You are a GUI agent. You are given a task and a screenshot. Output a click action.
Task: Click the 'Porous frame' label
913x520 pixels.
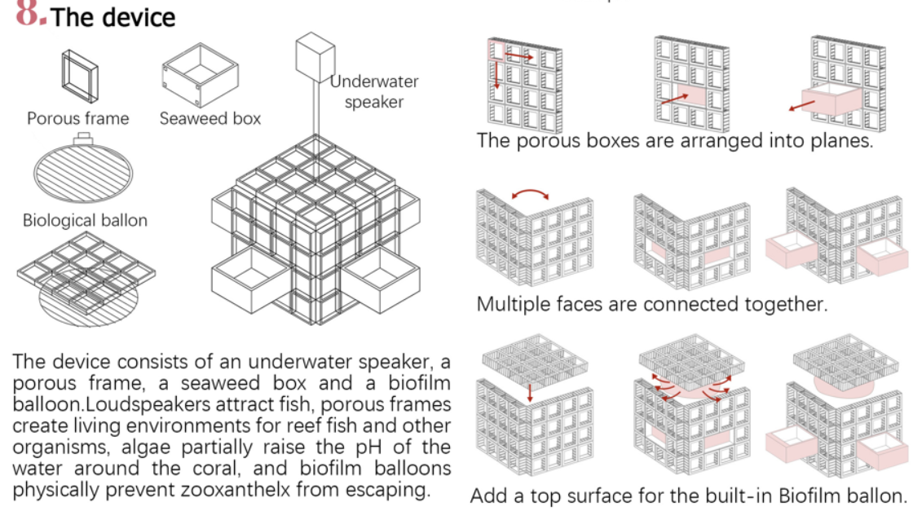77,118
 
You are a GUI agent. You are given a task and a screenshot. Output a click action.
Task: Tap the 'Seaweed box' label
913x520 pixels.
210,118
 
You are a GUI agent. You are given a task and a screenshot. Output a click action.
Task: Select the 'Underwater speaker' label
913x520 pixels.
374,91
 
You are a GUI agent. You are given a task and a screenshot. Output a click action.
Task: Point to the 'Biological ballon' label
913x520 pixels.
85,221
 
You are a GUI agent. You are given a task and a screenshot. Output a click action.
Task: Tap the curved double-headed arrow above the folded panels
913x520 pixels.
530,193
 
